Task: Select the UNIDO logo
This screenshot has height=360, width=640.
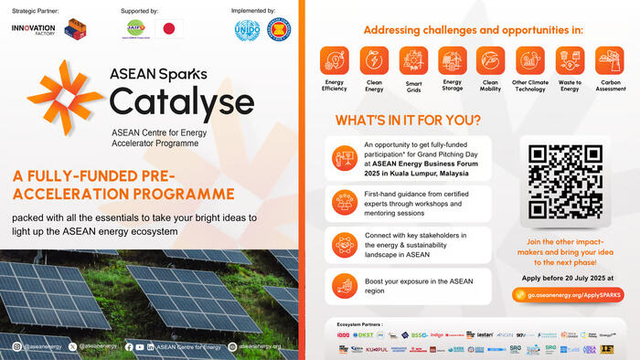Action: click(247, 29)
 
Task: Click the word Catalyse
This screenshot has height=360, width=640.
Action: click(169, 100)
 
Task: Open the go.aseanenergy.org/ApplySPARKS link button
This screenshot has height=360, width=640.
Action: click(567, 295)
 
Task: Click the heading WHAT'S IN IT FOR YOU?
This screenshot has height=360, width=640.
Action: click(409, 121)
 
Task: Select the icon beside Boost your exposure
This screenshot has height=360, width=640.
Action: click(344, 285)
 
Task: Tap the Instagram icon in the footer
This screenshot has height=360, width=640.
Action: click(17, 346)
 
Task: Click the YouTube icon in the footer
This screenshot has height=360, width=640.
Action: click(140, 346)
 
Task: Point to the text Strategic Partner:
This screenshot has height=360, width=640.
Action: click(36, 10)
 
